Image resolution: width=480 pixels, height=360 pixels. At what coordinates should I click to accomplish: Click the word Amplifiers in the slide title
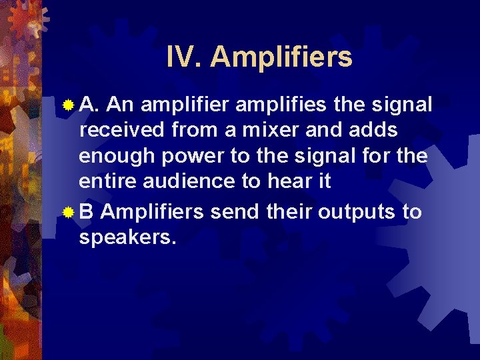(281, 58)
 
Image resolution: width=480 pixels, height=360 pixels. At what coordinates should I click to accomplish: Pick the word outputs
(356, 213)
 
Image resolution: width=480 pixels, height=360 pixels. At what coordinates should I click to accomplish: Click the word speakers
(127, 238)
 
